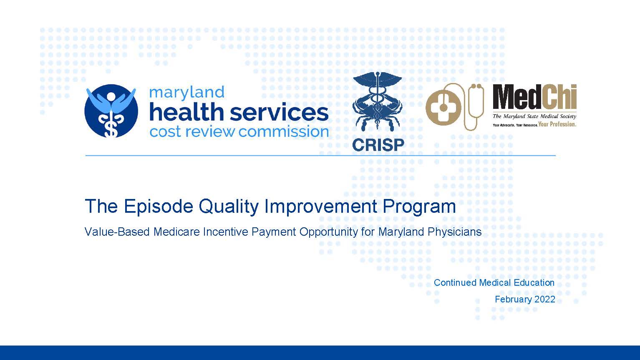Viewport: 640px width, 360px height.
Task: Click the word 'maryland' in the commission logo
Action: pyautogui.click(x=186, y=93)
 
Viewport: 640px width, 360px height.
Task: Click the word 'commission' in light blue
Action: pyautogui.click(x=283, y=132)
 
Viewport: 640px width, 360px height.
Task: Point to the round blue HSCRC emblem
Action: pyautogui.click(x=111, y=111)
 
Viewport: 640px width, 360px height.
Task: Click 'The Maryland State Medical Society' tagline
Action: pyautogui.click(x=534, y=116)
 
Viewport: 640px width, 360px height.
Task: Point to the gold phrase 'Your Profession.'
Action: pyautogui.click(x=557, y=124)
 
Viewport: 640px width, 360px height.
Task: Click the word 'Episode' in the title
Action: pyautogui.click(x=159, y=206)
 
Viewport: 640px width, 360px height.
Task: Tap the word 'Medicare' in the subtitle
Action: pyautogui.click(x=176, y=232)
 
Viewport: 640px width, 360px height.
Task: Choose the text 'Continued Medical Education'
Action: pyautogui.click(x=494, y=282)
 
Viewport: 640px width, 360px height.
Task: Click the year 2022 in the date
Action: pyautogui.click(x=545, y=300)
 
